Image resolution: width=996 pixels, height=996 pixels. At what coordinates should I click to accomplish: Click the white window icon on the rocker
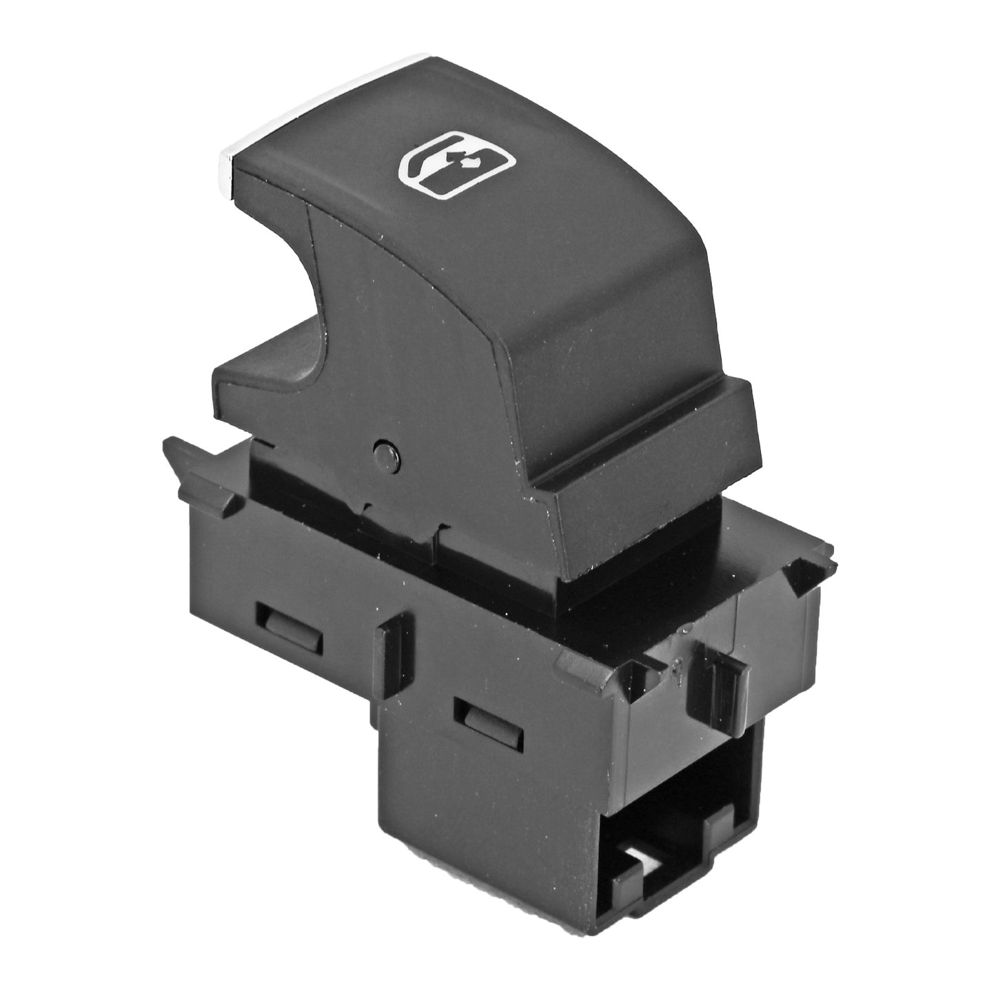457,166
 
